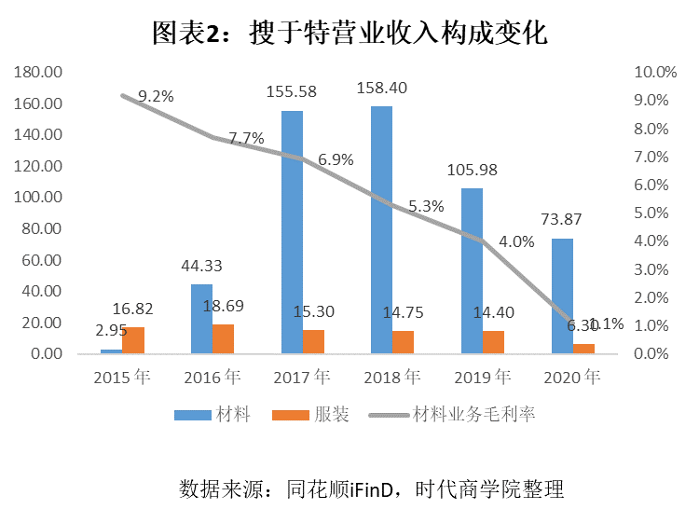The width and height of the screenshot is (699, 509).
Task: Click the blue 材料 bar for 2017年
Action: [292, 232]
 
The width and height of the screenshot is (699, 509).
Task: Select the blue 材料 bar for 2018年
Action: [381, 230]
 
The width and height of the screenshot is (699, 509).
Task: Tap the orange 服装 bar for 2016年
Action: [223, 339]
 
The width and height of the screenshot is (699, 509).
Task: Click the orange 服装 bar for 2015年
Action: [133, 340]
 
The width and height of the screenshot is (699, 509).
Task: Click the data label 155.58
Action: [292, 91]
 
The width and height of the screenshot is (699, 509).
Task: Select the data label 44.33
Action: [201, 266]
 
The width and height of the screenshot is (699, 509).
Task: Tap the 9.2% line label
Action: [156, 95]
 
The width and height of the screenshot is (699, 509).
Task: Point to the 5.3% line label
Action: [426, 207]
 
